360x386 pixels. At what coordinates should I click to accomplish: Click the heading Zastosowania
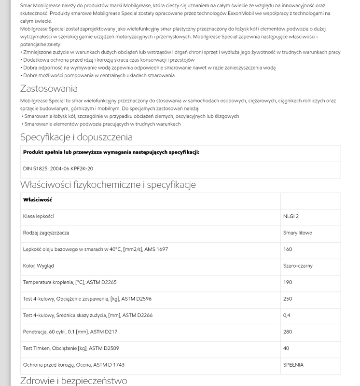point(49,88)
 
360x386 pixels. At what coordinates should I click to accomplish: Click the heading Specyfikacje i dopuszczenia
point(76,137)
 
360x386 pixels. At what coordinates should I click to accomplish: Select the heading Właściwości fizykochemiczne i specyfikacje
point(108,185)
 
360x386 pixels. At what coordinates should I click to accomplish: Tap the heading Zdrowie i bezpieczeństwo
point(73,381)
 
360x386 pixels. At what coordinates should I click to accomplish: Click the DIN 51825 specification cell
point(58,168)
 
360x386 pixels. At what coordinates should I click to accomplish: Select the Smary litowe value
point(297,233)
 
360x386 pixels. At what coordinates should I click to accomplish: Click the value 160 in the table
point(288,249)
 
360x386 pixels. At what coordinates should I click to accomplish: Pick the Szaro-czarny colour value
point(298,266)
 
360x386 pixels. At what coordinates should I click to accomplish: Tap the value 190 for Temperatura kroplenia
point(288,282)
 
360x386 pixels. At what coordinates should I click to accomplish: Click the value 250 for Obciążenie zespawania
point(288,299)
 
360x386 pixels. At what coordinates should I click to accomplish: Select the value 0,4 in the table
point(287,315)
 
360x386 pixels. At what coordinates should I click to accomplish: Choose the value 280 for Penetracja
point(288,332)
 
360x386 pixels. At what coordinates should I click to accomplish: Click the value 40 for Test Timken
point(286,348)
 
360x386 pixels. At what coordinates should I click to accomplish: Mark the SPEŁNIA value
point(293,365)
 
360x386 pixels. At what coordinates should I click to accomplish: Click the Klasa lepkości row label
point(39,216)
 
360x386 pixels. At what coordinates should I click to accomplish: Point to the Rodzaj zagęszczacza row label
point(46,233)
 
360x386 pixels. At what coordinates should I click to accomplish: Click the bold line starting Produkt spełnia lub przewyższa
point(111,152)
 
